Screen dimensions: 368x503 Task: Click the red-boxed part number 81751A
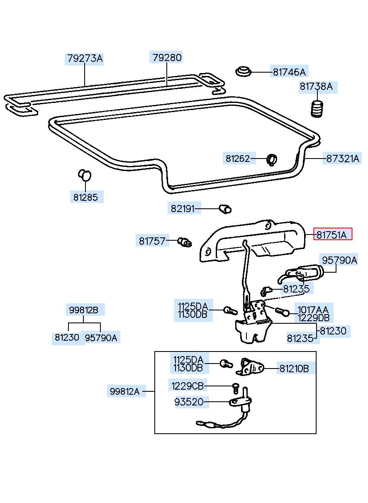click(332, 234)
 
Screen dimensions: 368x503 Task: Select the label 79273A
click(85, 59)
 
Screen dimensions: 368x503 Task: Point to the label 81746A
click(289, 72)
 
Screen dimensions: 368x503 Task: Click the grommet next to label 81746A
click(243, 72)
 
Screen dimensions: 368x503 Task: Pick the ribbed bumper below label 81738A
click(317, 109)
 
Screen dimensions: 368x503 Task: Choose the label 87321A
click(342, 159)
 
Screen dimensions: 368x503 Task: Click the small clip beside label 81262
click(272, 160)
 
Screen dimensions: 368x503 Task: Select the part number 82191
click(182, 209)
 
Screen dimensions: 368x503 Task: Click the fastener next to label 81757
click(185, 242)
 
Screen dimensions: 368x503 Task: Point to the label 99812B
click(83, 310)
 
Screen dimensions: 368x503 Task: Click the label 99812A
click(124, 391)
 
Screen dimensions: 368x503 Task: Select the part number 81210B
click(294, 369)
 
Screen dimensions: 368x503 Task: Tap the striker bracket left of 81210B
click(250, 367)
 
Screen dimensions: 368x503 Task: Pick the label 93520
click(189, 402)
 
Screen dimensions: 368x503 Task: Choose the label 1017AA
click(313, 310)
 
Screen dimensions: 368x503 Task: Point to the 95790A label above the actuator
click(339, 260)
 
